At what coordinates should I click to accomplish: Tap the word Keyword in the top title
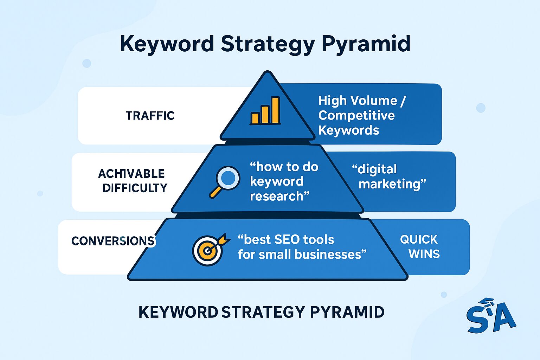167,44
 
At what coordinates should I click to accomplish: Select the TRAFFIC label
150,116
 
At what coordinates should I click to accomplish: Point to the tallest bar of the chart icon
275,110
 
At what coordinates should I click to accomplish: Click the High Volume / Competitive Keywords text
357,115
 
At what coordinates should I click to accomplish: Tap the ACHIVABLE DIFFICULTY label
133,181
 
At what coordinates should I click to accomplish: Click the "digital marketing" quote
389,176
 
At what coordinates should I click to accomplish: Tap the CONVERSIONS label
112,241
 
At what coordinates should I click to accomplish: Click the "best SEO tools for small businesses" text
302,247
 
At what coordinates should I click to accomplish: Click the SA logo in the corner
491,316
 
